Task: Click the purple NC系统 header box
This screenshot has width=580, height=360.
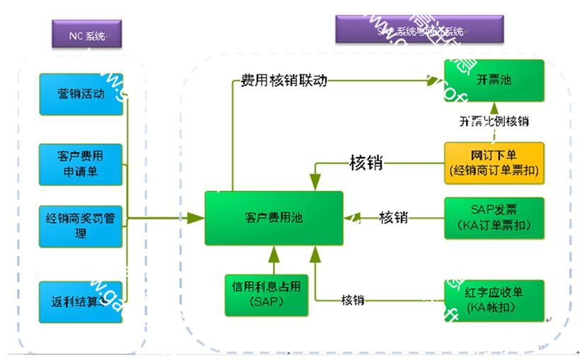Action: coord(86,34)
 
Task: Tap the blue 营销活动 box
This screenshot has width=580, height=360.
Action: coord(81,94)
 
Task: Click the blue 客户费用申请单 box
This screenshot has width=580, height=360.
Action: coord(81,163)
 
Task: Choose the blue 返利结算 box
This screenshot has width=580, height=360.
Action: coord(81,301)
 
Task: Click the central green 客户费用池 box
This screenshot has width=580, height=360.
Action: coord(274,219)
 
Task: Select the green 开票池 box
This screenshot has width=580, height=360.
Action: coord(494,81)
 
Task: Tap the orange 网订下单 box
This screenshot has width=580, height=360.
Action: coord(494,163)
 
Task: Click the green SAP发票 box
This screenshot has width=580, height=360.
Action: coord(494,218)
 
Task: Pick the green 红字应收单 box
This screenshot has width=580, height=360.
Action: coord(494,301)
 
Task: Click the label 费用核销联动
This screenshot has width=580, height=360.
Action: coord(284,80)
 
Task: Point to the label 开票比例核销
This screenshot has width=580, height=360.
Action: coord(494,121)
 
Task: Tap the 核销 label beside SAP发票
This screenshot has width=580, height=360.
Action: coord(393,218)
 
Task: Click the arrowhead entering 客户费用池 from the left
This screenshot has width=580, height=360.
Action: coord(195,219)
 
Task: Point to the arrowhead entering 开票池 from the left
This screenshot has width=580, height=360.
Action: coord(433,81)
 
